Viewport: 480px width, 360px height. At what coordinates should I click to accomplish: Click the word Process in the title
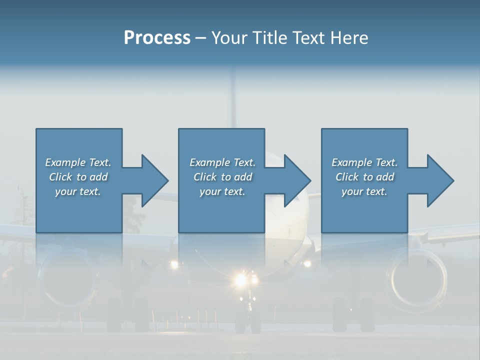157,38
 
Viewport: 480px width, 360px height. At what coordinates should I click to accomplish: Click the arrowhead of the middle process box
296,180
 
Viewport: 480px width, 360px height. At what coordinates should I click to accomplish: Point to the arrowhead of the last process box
439,180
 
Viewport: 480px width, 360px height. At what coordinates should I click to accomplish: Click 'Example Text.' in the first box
78,162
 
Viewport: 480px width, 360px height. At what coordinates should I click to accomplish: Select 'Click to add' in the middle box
222,177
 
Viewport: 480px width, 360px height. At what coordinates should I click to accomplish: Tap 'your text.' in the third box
364,191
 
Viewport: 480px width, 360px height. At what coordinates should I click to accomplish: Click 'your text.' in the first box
78,191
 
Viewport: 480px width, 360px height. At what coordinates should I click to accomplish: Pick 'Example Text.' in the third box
364,162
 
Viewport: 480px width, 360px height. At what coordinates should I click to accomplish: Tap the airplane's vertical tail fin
231,95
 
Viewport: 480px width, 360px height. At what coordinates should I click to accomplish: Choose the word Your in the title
230,38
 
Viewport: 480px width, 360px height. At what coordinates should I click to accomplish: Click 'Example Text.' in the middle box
222,162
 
